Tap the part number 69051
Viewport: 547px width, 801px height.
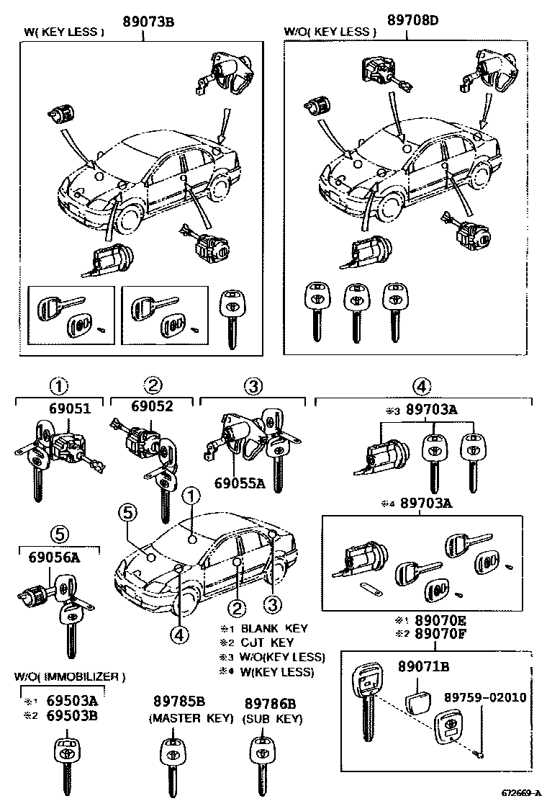pyautogui.click(x=70, y=408)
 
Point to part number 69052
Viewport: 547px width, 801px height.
pyautogui.click(x=152, y=406)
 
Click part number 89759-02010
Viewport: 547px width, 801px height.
pyautogui.click(x=484, y=697)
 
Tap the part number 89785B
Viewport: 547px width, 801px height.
pyautogui.click(x=179, y=702)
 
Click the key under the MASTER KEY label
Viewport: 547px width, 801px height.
pyautogui.click(x=173, y=764)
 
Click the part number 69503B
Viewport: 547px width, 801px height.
pyautogui.click(x=71, y=715)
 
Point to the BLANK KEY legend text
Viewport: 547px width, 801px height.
pyautogui.click(x=274, y=628)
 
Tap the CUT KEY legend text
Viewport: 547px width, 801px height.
pyautogui.click(x=266, y=643)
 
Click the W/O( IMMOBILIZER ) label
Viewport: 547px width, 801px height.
pyautogui.click(x=70, y=676)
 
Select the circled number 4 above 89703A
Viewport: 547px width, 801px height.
pyautogui.click(x=422, y=387)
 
